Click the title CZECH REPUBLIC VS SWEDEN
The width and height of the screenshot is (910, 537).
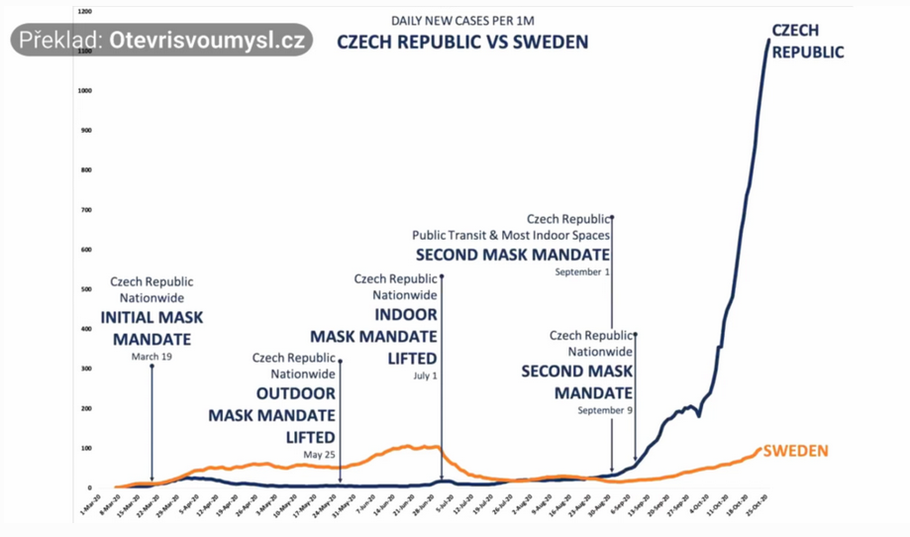point(462,42)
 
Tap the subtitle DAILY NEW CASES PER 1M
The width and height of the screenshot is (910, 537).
point(463,20)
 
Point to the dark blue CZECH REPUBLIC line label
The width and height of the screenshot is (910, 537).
point(808,42)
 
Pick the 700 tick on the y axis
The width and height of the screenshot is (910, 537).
point(86,210)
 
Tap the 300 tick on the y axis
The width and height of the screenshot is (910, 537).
point(86,369)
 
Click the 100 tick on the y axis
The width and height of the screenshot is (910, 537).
point(86,448)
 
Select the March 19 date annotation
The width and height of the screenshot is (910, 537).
point(152,357)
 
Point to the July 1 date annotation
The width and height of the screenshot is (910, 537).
point(425,376)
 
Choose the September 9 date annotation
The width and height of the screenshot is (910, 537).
point(604,409)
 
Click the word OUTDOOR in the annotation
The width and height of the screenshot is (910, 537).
point(296,394)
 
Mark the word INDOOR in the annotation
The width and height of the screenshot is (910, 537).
point(405,315)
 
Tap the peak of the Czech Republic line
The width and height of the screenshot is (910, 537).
point(769,40)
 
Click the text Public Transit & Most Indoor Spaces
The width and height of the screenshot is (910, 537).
point(511,235)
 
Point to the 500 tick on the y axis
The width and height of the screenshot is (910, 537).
point(86,289)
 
